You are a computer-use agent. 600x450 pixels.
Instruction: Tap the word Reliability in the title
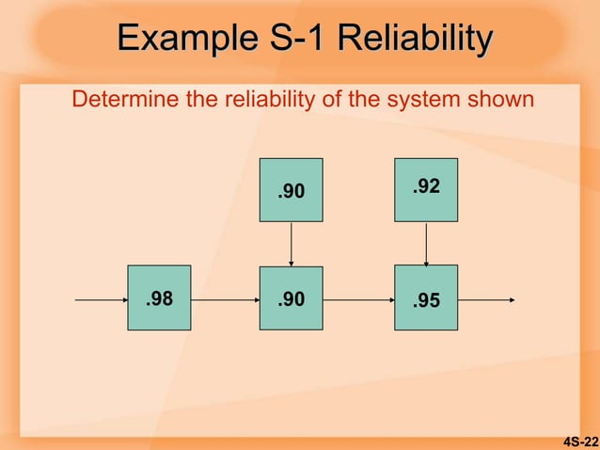(x=414, y=40)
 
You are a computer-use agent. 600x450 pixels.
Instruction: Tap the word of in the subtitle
(x=329, y=99)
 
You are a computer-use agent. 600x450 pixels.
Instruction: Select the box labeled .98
(x=159, y=298)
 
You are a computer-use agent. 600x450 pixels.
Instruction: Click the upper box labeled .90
(x=291, y=190)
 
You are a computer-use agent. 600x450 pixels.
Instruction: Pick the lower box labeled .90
(x=291, y=298)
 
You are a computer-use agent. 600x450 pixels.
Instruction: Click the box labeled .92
(x=426, y=189)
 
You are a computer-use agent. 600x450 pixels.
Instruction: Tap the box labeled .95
(x=426, y=298)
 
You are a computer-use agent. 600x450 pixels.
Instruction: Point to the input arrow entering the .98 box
(x=101, y=300)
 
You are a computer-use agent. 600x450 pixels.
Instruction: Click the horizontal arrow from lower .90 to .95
(x=358, y=300)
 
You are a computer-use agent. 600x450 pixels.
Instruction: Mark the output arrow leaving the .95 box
(x=486, y=300)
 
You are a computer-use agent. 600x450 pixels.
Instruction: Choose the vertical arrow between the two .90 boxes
(x=292, y=244)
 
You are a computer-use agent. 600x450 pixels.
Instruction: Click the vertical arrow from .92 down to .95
(x=427, y=244)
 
